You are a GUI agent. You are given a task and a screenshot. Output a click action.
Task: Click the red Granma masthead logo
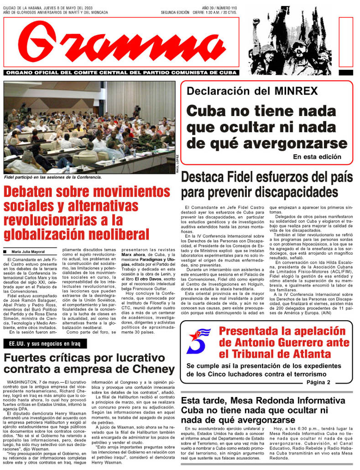pos(121,43)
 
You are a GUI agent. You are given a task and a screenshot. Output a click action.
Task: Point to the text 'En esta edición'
pos(317,157)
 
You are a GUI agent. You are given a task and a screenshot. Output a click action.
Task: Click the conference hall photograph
pos(89,127)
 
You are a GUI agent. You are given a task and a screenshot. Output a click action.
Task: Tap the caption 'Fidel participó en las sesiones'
pos(52,177)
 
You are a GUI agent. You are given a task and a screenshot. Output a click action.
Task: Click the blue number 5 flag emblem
pos(198,341)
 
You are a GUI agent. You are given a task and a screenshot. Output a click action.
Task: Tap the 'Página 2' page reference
pos(318,382)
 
